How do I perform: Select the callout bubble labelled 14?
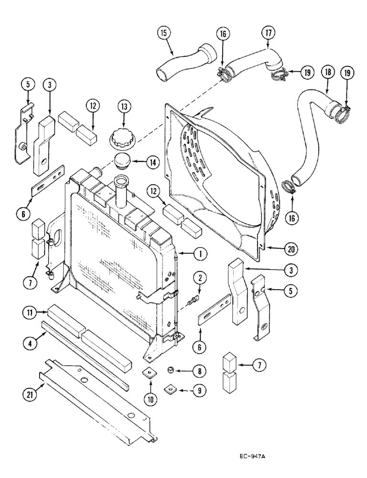tap(152, 163)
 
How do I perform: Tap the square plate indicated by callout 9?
tap(170, 389)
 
